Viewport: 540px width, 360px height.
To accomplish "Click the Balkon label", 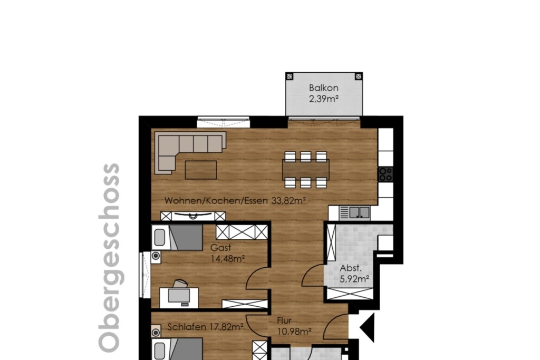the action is click(323, 88).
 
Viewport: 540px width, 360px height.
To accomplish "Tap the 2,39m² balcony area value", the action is click(323, 99).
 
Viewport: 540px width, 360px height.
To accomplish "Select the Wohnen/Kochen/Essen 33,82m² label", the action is click(235, 200).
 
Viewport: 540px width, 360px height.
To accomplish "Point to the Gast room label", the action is click(220, 247).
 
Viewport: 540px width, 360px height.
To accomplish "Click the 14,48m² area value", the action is click(228, 258).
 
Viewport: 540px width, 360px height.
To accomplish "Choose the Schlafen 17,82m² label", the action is click(206, 327).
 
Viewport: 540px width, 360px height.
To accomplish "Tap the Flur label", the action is click(284, 321).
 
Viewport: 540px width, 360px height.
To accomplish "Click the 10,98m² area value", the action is click(294, 332).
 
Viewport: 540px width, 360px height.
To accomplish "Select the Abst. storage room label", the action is click(351, 268).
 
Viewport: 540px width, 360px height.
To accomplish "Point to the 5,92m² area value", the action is click(354, 279).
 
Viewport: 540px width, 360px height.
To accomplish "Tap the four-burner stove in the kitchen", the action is click(385, 174).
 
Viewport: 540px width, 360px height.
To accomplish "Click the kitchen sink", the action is click(359, 212).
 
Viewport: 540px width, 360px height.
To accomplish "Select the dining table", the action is click(305, 170).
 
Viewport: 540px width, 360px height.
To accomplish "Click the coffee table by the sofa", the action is click(201, 170).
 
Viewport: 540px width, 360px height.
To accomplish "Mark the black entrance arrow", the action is click(368, 328).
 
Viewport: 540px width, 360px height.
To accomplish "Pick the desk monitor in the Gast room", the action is click(179, 295).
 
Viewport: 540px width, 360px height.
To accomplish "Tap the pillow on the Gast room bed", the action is click(159, 238).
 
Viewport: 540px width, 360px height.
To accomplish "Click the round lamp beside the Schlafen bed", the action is click(156, 332).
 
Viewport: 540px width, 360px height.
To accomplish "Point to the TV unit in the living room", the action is click(193, 216).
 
